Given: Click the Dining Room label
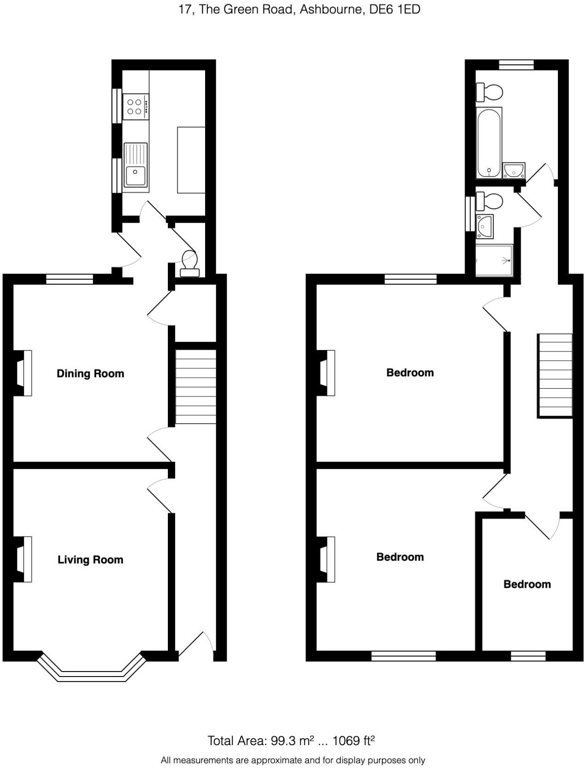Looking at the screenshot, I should coord(90,373).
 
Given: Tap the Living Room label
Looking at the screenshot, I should coord(90,560).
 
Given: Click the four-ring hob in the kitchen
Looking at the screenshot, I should coord(136,107).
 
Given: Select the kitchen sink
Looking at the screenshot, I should coord(135,167).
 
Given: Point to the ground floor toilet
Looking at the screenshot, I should coord(189,264).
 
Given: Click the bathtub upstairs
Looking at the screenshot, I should coord(489,143).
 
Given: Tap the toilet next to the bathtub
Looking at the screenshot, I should coord(489,92).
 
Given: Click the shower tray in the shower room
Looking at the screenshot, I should coord(493,261).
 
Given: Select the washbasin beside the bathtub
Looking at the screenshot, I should coord(514,171).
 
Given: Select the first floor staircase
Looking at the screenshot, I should coord(555,375).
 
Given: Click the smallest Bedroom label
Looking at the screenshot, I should coord(527,584).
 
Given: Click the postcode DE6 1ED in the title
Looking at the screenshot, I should coord(395,10).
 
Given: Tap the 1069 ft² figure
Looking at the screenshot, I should coord(354,741).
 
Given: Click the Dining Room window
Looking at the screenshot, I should coord(70,279).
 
